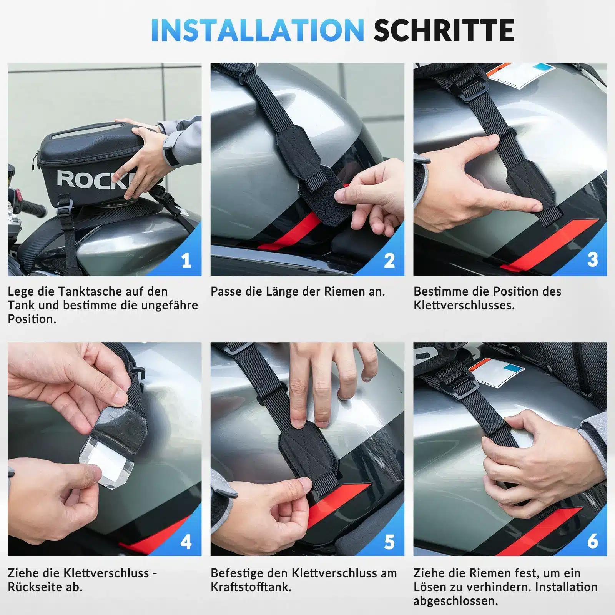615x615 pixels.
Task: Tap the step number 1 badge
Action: click(x=186, y=261)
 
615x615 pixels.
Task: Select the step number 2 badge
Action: click(x=389, y=261)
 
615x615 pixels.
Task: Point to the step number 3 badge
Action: click(x=592, y=260)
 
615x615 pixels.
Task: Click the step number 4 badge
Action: click(x=186, y=541)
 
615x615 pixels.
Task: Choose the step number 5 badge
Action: click(x=389, y=541)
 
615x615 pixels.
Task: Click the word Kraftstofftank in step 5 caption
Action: click(x=250, y=587)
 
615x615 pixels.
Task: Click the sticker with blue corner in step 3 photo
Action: click(x=522, y=75)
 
